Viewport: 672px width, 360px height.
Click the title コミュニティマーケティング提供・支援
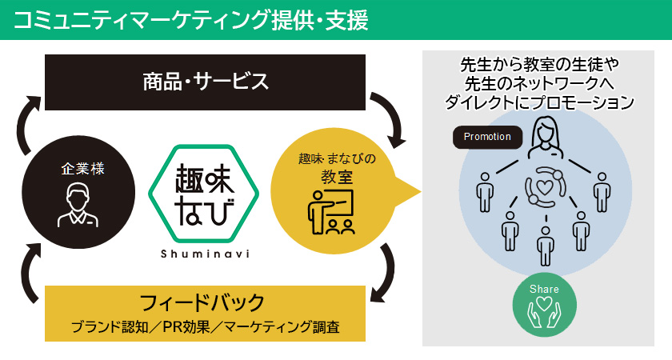(x=191, y=20)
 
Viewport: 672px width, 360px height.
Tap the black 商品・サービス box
(x=206, y=82)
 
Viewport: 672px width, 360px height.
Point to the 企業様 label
(x=83, y=169)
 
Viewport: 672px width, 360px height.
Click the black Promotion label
(x=487, y=137)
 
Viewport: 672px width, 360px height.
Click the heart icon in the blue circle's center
(x=545, y=189)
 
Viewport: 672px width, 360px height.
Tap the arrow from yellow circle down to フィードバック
(x=389, y=272)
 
